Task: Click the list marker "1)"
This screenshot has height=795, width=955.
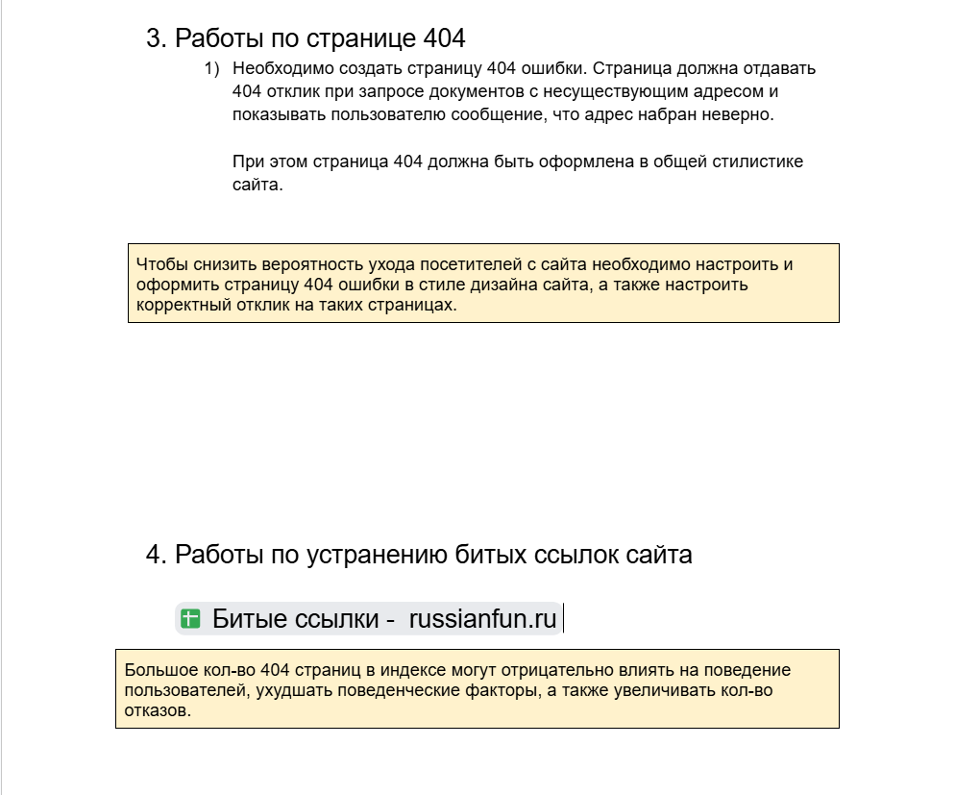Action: coord(211,69)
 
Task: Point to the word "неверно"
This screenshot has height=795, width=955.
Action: coord(739,115)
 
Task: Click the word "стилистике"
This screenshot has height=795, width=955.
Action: coord(756,161)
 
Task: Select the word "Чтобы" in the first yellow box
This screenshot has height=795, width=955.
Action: coord(158,264)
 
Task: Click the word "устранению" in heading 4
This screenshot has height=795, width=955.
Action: coord(377,555)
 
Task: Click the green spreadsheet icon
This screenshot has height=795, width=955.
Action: coord(190,619)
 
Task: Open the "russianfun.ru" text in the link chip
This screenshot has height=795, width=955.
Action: coord(482,619)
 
